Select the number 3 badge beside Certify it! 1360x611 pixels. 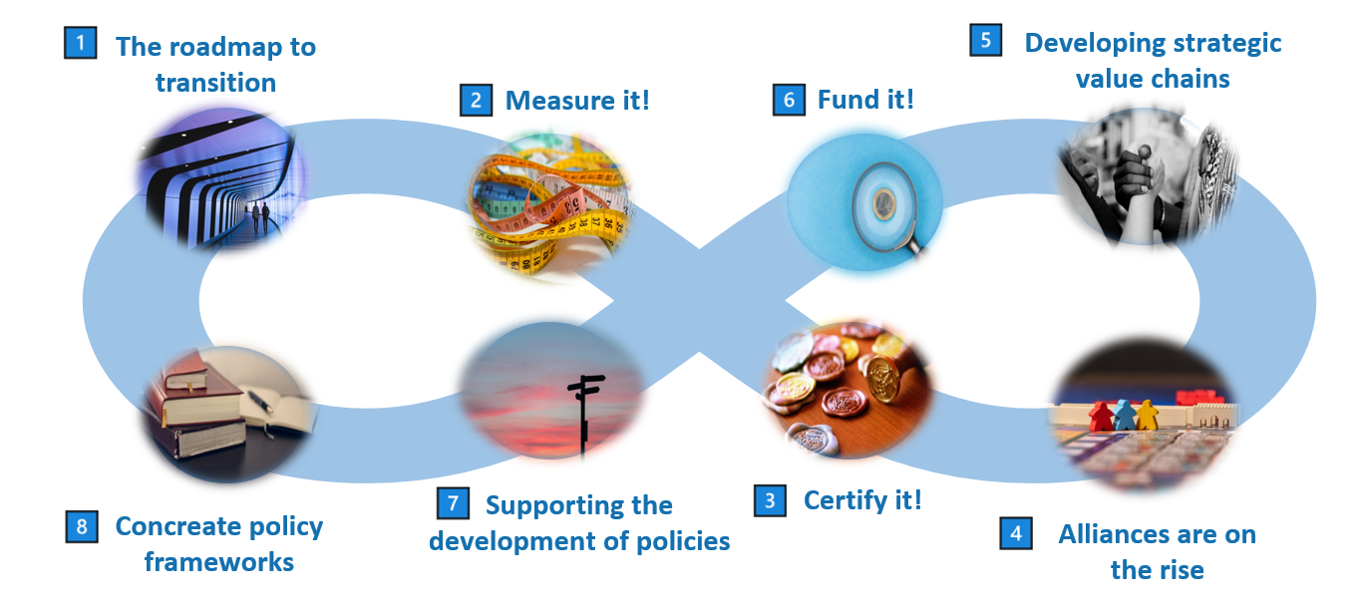click(769, 499)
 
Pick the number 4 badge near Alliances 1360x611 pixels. click(1016, 533)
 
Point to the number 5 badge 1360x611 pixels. click(986, 40)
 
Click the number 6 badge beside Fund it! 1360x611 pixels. click(789, 100)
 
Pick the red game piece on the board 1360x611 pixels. click(1100, 415)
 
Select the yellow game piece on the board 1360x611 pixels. click(1148, 413)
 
